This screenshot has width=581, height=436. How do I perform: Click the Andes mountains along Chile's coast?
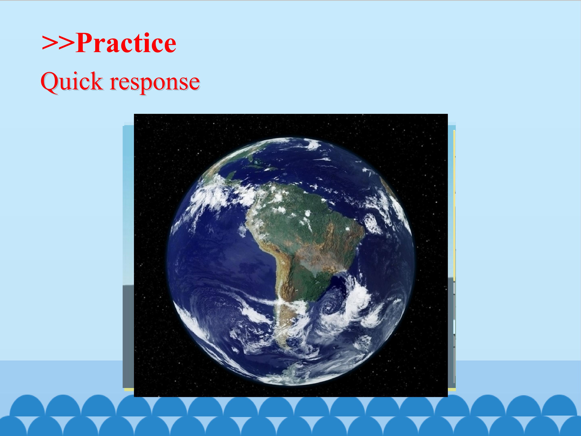[278, 276]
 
